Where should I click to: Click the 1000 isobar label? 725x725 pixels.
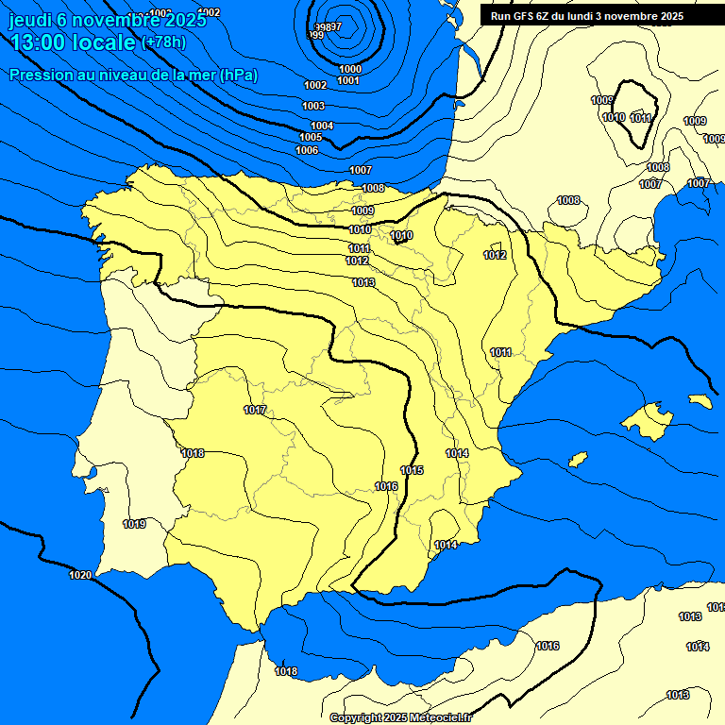pos(349,69)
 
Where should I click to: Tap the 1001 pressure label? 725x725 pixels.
pos(347,80)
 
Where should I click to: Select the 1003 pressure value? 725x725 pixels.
pos(313,106)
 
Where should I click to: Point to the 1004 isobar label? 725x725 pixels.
pos(322,126)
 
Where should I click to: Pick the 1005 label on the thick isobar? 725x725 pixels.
pos(311,138)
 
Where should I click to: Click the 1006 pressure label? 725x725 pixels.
pos(307,150)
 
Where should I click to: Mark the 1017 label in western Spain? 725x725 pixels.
pos(255,410)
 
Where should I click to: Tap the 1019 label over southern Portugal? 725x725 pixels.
pos(134,524)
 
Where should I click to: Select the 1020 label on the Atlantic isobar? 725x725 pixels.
pos(80,575)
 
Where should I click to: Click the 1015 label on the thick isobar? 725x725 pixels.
pos(412,470)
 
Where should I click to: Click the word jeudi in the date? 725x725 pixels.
pos(31,20)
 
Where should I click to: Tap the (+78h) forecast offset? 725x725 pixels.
pos(165,42)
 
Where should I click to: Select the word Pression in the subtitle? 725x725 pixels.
pos(38,75)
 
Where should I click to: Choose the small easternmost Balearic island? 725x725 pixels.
pos(700,400)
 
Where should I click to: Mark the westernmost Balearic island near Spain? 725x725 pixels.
pos(578,459)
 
